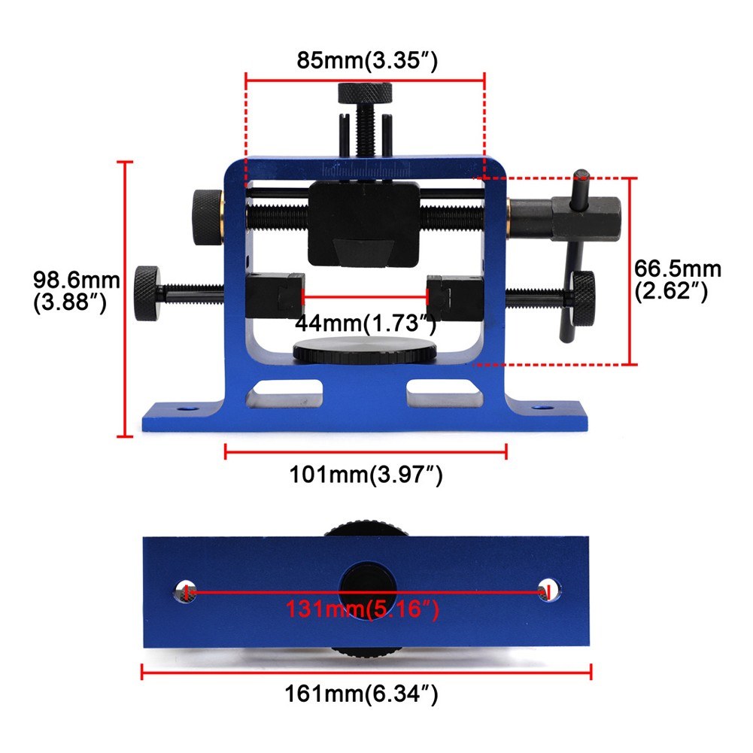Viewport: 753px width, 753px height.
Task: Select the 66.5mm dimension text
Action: click(x=678, y=279)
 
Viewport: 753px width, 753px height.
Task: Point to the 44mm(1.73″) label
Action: click(x=366, y=323)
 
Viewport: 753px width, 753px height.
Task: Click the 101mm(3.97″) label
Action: click(x=366, y=475)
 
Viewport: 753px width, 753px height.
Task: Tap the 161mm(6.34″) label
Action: click(x=362, y=692)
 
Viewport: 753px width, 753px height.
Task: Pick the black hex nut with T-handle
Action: click(x=586, y=217)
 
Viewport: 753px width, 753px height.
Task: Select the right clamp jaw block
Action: click(x=453, y=296)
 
